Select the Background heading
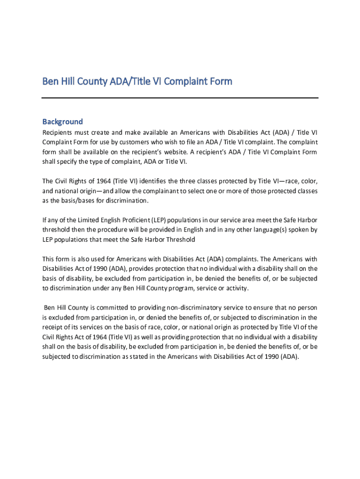click(63, 122)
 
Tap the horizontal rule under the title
click(180, 98)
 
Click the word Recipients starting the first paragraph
click(58, 132)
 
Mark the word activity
click(235, 288)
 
